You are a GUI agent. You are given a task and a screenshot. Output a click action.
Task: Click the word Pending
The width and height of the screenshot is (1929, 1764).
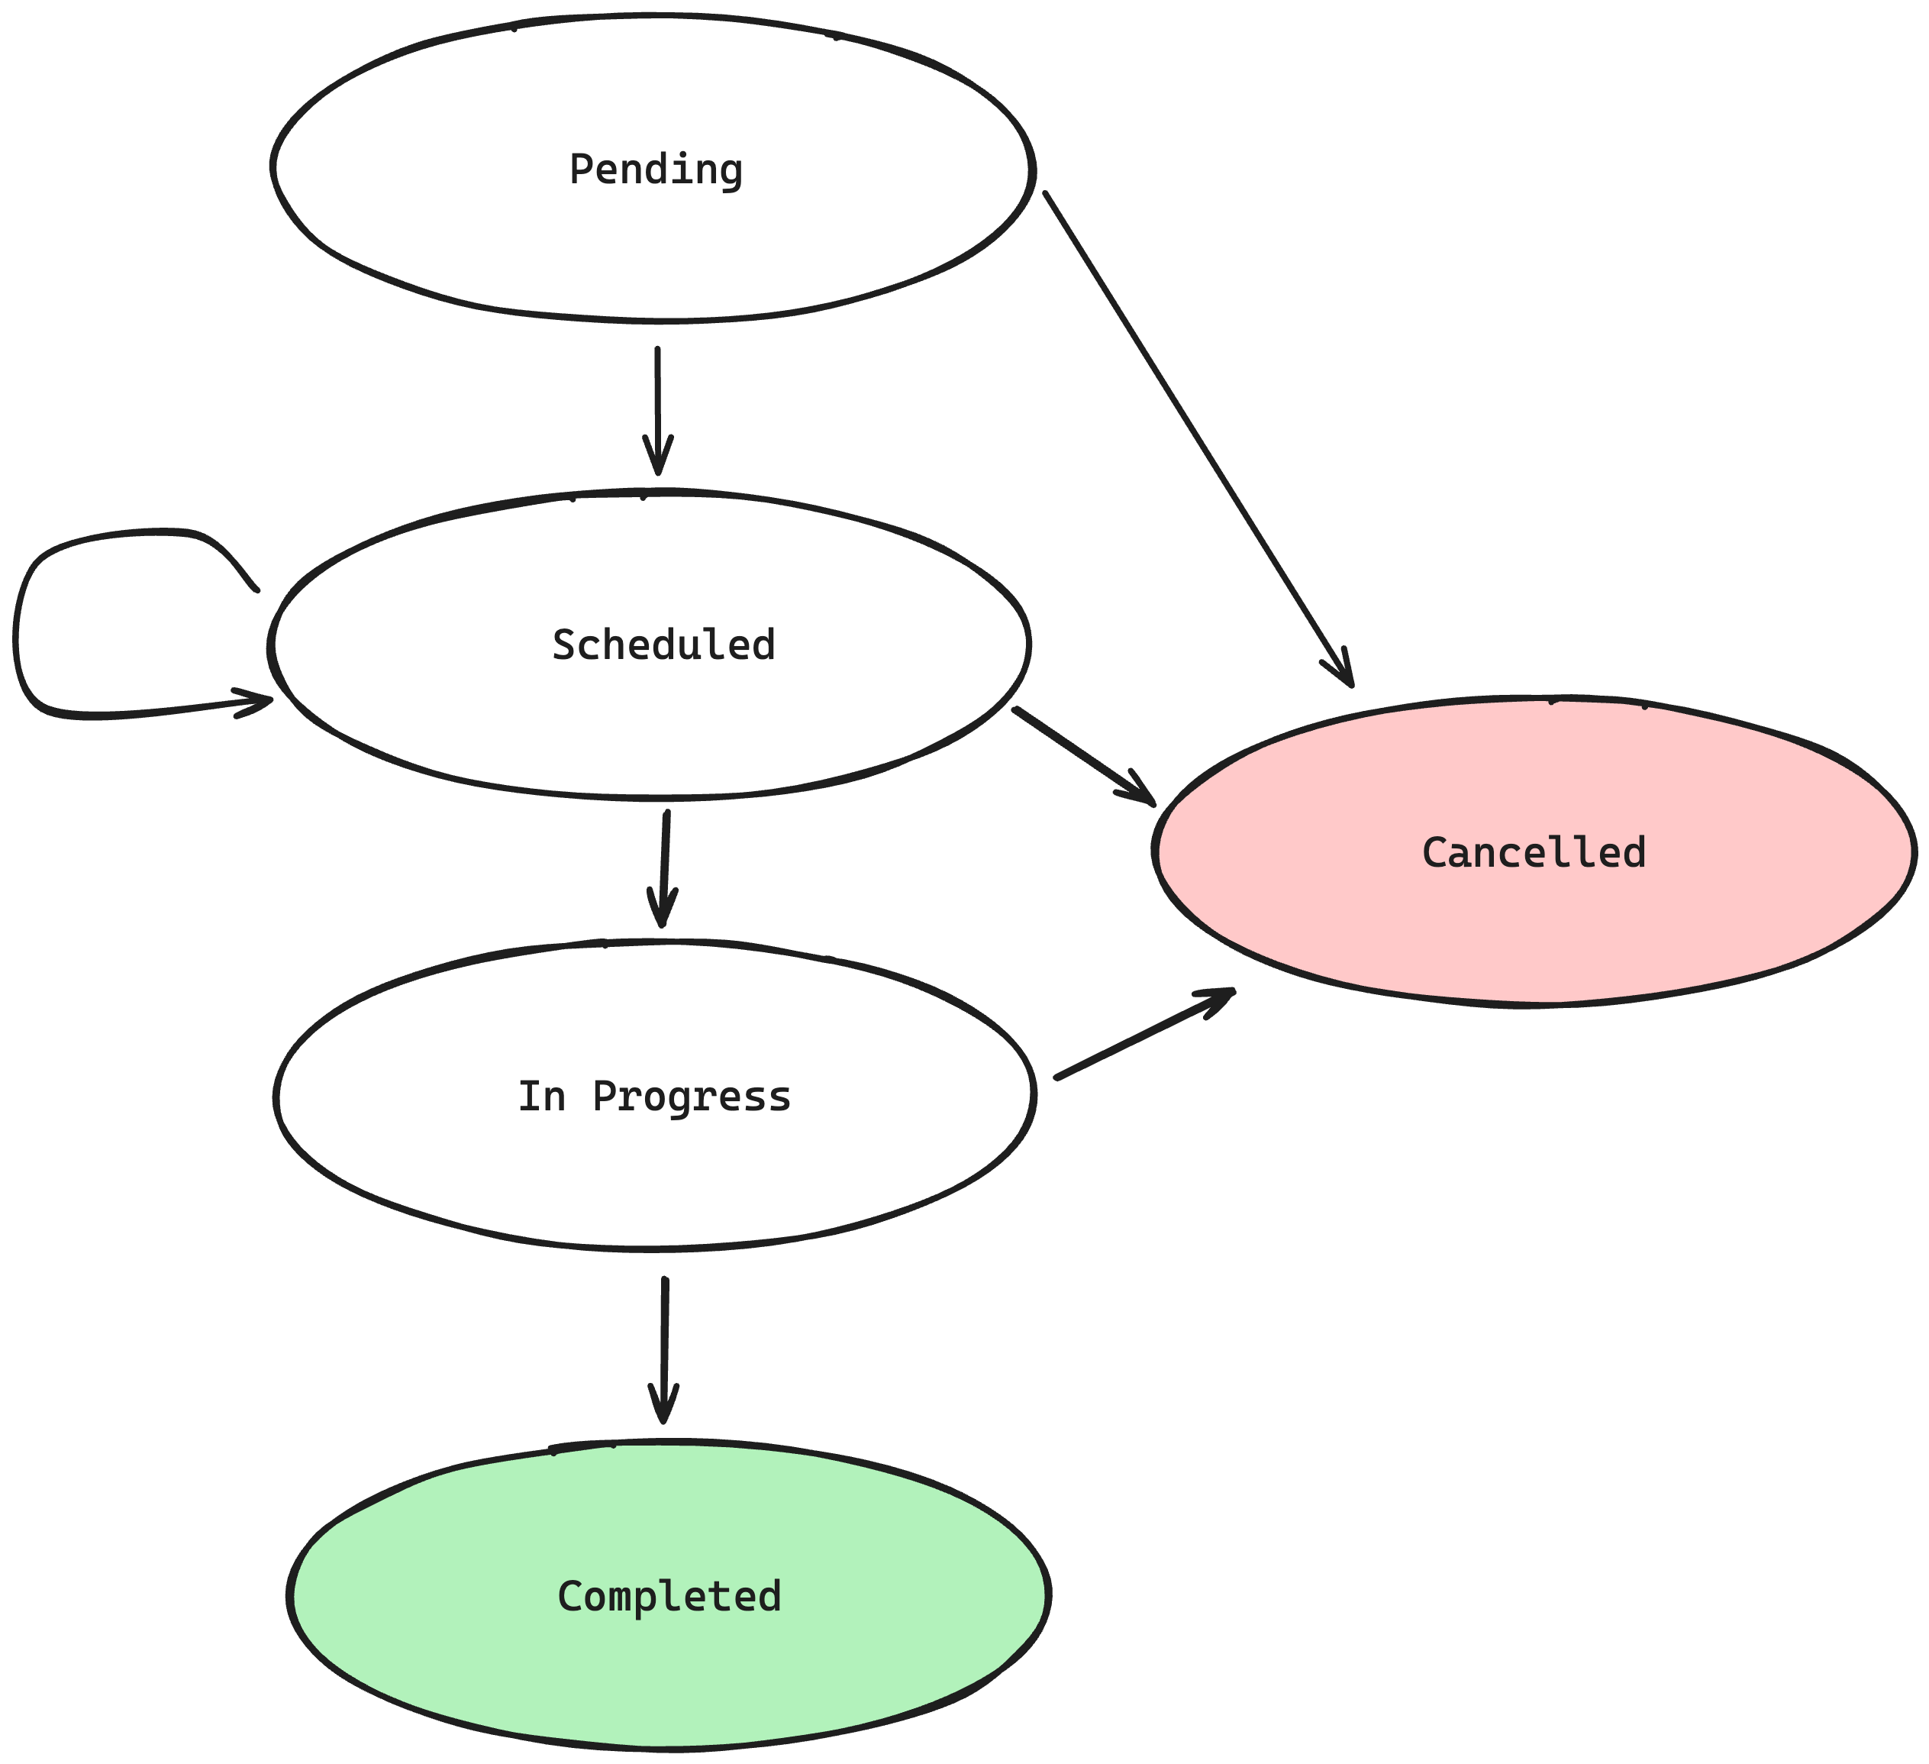[656, 170]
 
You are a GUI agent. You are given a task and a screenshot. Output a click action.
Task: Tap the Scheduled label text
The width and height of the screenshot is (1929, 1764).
[663, 645]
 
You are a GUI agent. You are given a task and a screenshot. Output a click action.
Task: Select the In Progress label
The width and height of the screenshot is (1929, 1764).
[654, 1097]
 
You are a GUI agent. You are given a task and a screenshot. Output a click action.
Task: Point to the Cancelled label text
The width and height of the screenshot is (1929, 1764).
[1534, 853]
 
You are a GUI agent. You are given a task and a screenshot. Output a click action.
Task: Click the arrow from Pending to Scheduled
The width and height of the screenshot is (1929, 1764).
[657, 411]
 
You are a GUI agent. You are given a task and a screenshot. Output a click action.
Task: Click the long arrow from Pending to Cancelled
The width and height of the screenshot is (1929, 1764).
[1198, 439]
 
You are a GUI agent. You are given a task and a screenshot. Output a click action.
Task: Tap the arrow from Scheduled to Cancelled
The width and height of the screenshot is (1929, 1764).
[1084, 755]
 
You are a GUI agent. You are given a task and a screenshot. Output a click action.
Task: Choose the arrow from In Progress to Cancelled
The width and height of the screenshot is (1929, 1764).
[1144, 1035]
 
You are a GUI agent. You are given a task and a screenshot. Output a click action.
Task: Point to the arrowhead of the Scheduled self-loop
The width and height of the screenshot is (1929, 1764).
[256, 702]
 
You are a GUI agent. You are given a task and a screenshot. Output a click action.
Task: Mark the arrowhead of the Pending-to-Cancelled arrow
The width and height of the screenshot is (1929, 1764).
[1343, 669]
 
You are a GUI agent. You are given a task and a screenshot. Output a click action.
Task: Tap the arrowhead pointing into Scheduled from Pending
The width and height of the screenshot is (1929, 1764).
[657, 457]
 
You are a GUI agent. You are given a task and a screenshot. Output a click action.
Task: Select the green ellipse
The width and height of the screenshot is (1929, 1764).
[669, 1595]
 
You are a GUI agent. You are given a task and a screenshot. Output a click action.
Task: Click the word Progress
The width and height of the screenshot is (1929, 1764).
[692, 1097]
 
